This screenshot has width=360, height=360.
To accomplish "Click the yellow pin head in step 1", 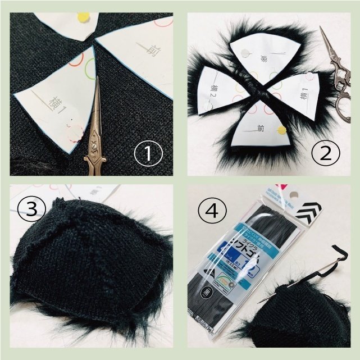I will point(84,17).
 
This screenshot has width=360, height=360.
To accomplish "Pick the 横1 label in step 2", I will point(304,95).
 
